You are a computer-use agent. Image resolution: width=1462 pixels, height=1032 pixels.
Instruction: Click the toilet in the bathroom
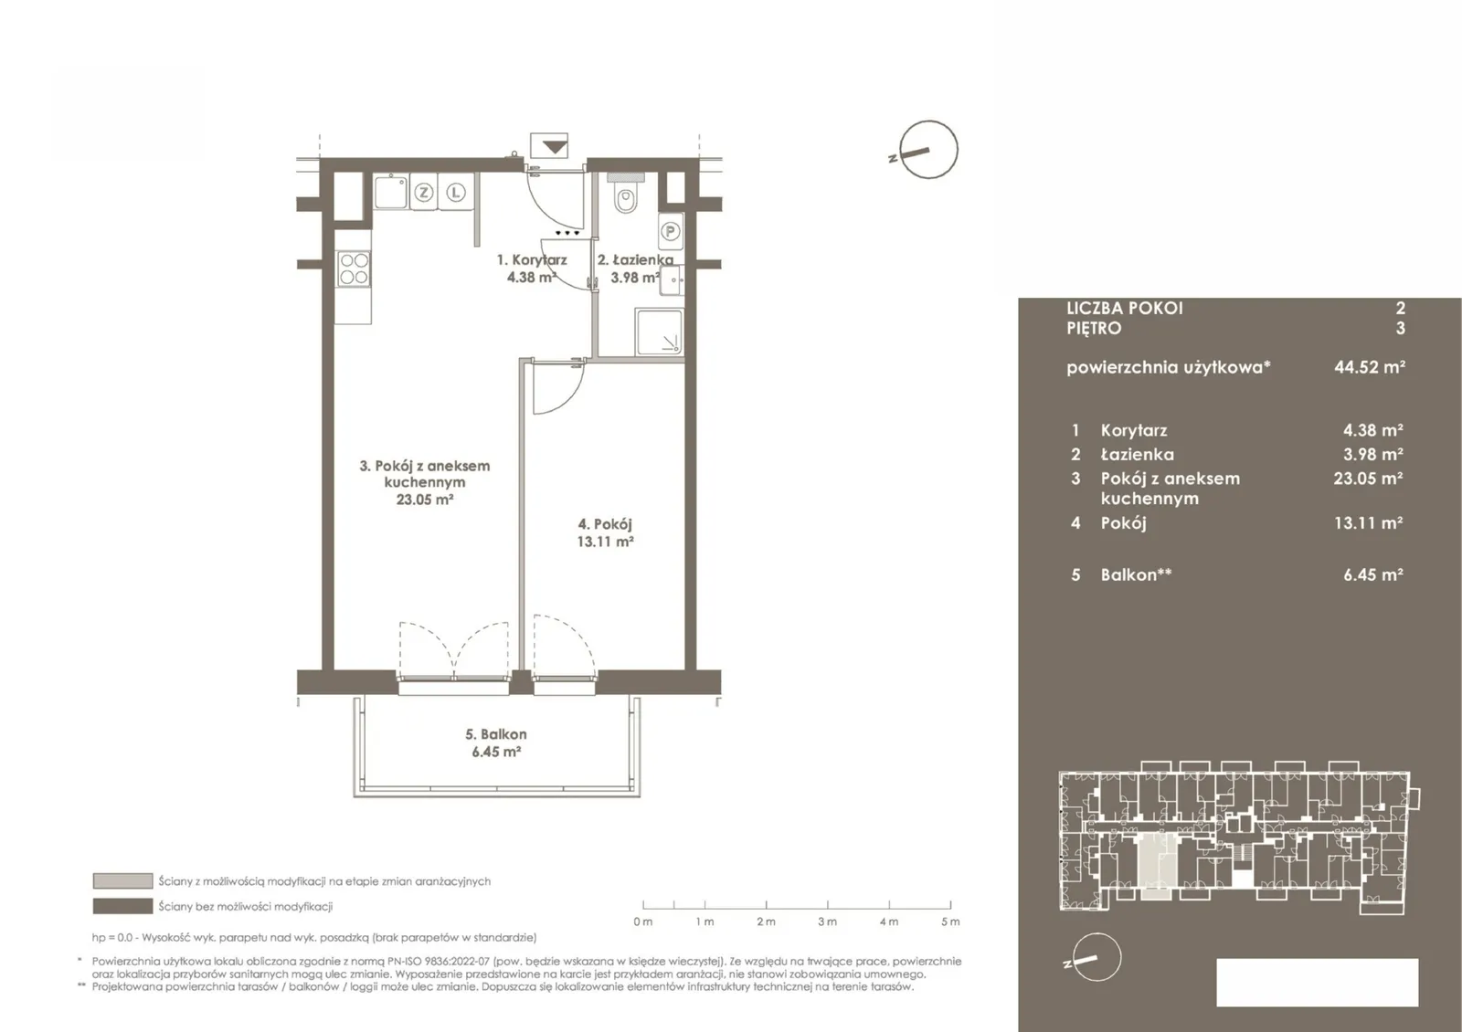pyautogui.click(x=625, y=198)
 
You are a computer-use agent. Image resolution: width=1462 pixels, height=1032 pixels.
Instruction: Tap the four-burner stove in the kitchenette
pyautogui.click(x=354, y=269)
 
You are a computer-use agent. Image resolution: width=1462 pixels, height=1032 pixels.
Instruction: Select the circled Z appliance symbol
pyautogui.click(x=424, y=193)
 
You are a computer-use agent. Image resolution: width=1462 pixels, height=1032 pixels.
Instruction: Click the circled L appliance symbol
pyautogui.click(x=456, y=193)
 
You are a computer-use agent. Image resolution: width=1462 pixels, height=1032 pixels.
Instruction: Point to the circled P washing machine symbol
pyautogui.click(x=671, y=231)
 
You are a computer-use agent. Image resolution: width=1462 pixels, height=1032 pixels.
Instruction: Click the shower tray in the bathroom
pyautogui.click(x=659, y=332)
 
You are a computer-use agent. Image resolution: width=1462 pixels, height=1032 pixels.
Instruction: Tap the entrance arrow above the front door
pyautogui.click(x=554, y=147)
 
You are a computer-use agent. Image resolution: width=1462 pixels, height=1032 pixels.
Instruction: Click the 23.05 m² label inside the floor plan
pyautogui.click(x=424, y=500)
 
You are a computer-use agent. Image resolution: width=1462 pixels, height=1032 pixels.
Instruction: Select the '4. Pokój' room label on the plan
pyautogui.click(x=605, y=524)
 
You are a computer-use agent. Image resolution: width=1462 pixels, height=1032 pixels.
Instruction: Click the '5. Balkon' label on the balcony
pyautogui.click(x=496, y=734)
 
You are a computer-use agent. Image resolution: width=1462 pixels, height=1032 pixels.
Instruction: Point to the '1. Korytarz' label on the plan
pyautogui.click(x=531, y=259)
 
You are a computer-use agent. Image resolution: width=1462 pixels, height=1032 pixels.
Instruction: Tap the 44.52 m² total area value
pyautogui.click(x=1370, y=366)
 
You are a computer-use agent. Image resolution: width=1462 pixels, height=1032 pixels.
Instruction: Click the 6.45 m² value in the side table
pyautogui.click(x=1373, y=574)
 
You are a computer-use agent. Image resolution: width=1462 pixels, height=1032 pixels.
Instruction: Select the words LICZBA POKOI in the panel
pyautogui.click(x=1125, y=308)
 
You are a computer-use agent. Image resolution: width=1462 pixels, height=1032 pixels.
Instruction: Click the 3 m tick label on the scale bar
pyautogui.click(x=827, y=921)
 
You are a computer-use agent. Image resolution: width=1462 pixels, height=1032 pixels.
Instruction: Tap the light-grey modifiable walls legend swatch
pyautogui.click(x=122, y=880)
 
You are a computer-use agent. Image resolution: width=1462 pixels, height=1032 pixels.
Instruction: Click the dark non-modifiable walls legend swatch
pyautogui.click(x=122, y=906)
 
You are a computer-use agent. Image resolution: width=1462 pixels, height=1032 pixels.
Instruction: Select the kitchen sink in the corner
pyautogui.click(x=391, y=191)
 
